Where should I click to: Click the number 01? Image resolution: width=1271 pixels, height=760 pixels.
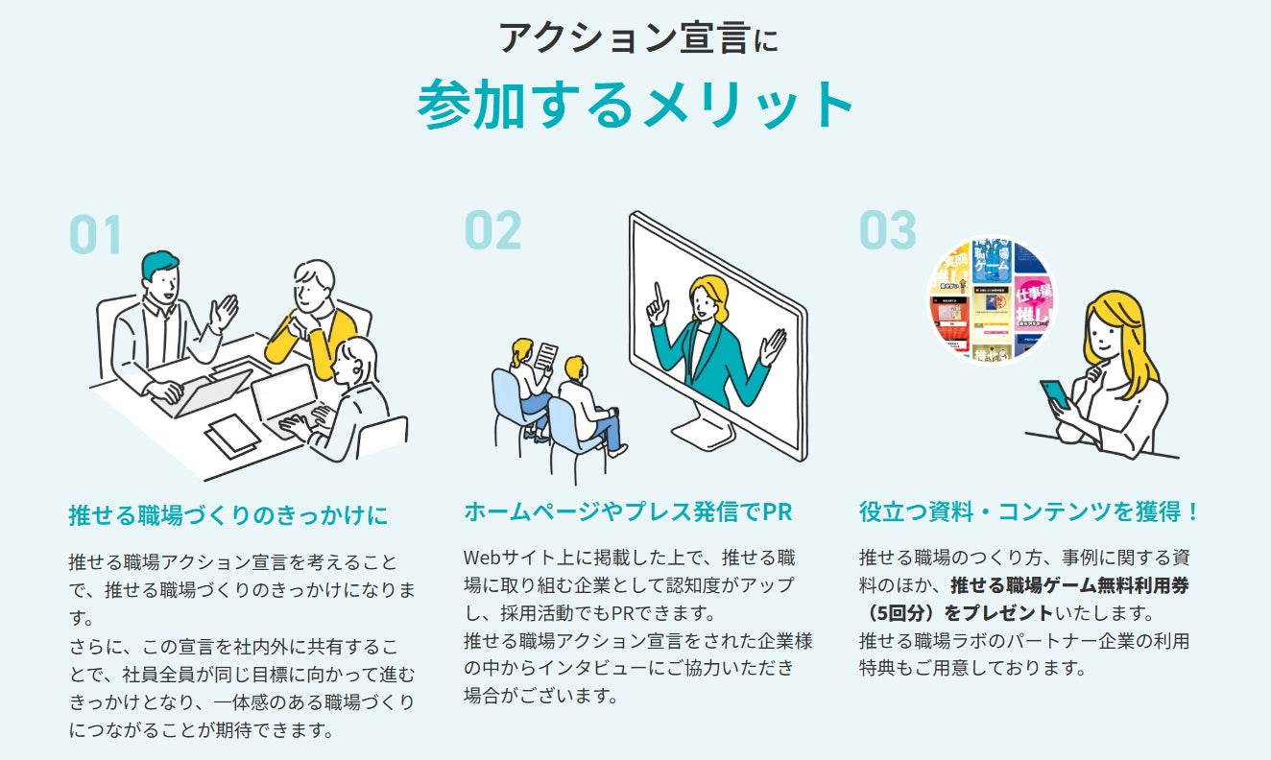pyautogui.click(x=96, y=235)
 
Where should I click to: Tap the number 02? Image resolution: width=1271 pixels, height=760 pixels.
pyautogui.click(x=492, y=230)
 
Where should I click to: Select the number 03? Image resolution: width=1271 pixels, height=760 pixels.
pyautogui.click(x=887, y=230)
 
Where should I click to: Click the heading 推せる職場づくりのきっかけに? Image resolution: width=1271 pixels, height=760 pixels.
pyautogui.click(x=228, y=515)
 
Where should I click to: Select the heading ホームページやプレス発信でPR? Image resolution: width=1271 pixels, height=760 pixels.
pyautogui.click(x=628, y=511)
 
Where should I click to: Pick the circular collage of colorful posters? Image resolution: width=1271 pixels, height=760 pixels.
pyautogui.click(x=992, y=300)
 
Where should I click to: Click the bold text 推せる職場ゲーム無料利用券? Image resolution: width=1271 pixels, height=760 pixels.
pyautogui.click(x=1069, y=584)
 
